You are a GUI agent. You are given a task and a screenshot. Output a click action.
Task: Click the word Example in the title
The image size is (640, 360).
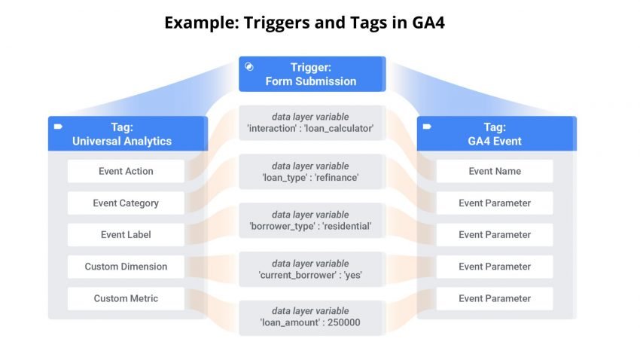click(x=197, y=23)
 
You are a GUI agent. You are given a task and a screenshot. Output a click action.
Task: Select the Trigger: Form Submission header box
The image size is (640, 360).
click(x=312, y=74)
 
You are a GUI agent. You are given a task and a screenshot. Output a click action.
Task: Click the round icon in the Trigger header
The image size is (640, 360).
click(x=250, y=67)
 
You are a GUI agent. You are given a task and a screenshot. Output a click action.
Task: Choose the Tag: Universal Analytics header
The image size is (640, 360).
click(x=126, y=133)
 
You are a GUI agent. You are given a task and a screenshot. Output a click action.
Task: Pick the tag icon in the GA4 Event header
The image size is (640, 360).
click(x=428, y=127)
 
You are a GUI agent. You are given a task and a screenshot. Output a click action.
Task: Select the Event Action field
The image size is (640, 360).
click(x=126, y=171)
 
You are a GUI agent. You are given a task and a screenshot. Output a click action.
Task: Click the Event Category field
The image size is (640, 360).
click(x=126, y=203)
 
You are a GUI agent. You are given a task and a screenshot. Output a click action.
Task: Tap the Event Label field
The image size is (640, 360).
click(x=126, y=234)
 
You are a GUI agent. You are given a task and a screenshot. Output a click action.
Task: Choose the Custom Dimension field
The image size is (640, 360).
click(x=126, y=267)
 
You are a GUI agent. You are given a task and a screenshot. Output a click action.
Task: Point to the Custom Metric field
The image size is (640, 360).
click(x=126, y=298)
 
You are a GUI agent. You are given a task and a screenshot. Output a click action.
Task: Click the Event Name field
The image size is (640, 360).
click(x=495, y=171)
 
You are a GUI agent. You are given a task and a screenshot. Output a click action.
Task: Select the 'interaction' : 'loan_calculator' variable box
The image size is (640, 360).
click(x=310, y=123)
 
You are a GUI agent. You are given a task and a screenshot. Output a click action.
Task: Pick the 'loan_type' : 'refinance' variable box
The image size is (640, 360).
click(x=310, y=172)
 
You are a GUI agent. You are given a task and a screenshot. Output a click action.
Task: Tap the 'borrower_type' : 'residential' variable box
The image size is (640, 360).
click(x=310, y=220)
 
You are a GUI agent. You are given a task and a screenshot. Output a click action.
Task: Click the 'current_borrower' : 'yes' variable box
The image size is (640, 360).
click(x=310, y=269)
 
